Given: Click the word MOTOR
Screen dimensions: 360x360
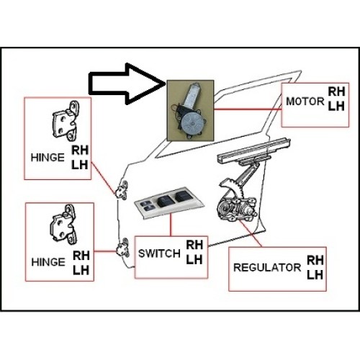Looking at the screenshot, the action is (x=305, y=102).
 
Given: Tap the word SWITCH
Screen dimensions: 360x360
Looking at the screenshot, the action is (x=159, y=253).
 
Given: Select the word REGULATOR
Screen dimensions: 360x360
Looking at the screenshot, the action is (x=267, y=268).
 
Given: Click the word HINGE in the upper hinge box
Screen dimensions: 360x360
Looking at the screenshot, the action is (x=48, y=158).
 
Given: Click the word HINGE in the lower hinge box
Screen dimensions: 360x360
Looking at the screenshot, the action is (x=48, y=262).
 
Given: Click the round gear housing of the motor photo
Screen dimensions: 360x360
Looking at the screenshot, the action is (x=192, y=124).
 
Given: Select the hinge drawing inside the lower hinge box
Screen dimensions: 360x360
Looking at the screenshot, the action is (x=64, y=225).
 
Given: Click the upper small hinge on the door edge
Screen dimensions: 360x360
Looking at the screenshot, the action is (x=122, y=189).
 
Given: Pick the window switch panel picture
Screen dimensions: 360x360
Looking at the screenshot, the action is (x=168, y=202).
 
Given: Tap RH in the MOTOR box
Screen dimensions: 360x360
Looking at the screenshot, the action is (x=336, y=91).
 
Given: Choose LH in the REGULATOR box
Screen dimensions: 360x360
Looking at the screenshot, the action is (x=315, y=275).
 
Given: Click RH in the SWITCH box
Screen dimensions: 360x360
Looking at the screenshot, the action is (x=194, y=245).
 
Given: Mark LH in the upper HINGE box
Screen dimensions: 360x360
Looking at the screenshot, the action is (x=80, y=165).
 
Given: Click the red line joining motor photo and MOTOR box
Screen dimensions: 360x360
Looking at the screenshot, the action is (x=248, y=109).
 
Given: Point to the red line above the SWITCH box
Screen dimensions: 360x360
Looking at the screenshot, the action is (x=171, y=225).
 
